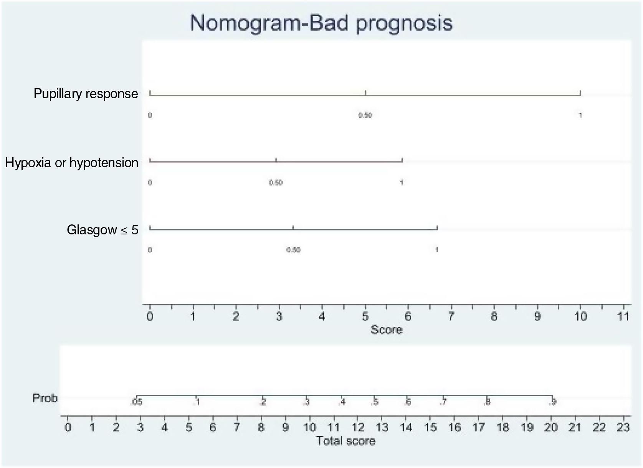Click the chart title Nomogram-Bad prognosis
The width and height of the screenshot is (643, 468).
[321, 23]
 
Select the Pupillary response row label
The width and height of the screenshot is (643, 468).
[86, 94]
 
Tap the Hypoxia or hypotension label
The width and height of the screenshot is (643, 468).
[72, 163]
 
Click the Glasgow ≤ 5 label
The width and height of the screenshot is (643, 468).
[102, 230]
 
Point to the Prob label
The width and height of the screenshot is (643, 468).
[45, 398]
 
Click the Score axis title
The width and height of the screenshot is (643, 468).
[386, 330]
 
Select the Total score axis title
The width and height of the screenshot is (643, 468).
[345, 441]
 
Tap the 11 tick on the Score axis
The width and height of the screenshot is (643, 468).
[623, 316]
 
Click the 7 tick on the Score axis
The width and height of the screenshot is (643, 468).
[451, 316]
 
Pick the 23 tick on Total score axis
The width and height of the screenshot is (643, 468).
[623, 427]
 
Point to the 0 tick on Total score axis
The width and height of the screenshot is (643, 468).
[68, 427]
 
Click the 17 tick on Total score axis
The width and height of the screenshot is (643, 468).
[478, 427]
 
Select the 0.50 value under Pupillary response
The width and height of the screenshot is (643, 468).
[365, 115]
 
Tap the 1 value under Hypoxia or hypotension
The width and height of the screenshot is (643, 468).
[402, 183]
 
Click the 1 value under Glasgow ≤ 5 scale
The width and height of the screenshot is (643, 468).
[436, 250]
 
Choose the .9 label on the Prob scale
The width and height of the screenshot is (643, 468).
[552, 402]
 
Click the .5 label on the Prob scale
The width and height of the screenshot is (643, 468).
[375, 402]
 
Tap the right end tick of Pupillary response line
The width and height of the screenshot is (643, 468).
[580, 93]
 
